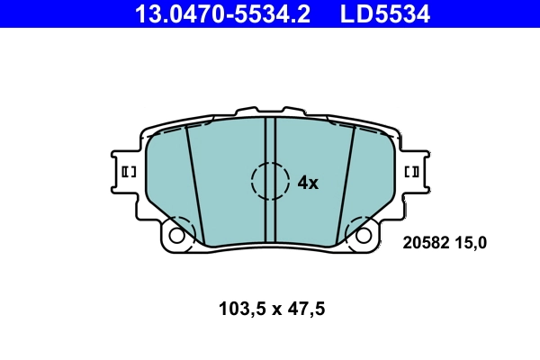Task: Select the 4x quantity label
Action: (x=308, y=183)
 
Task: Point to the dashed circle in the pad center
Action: (x=270, y=181)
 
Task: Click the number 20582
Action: (x=426, y=242)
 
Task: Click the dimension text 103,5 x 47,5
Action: (x=271, y=310)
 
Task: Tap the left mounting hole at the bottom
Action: (x=177, y=236)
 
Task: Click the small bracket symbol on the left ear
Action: (x=127, y=171)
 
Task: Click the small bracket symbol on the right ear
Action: (x=413, y=171)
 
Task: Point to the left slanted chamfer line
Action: (x=194, y=184)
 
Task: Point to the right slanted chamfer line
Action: (x=345, y=184)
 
